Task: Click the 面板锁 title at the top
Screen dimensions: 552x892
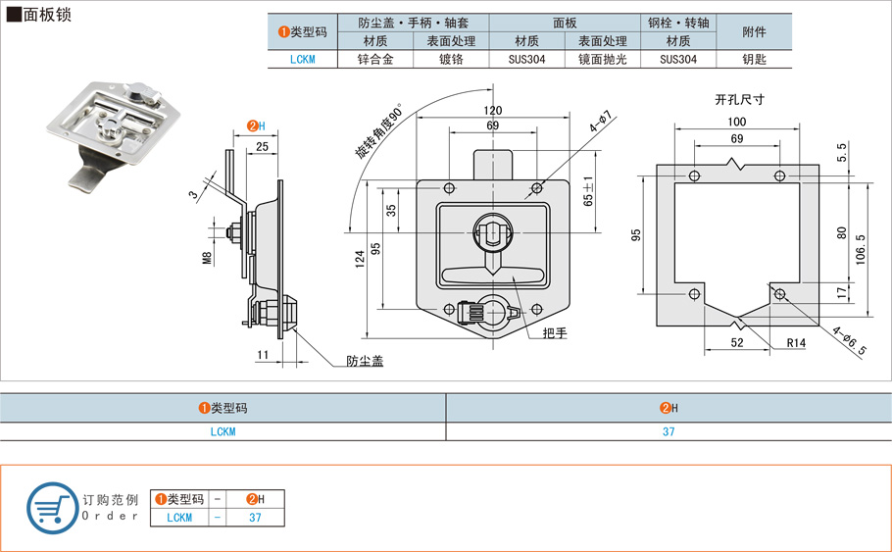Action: click(44, 16)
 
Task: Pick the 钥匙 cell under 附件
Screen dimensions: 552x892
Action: click(754, 59)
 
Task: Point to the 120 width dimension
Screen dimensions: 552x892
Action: click(492, 111)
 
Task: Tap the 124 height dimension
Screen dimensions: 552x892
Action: click(360, 259)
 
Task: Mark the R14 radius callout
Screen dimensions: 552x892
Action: click(795, 343)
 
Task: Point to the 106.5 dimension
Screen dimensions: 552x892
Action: click(861, 250)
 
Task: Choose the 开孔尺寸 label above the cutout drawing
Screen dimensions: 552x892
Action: click(739, 99)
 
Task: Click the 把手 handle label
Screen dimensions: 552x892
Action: click(555, 333)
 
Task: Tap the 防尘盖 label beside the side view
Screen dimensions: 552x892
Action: click(364, 361)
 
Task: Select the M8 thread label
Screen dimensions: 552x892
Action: click(207, 259)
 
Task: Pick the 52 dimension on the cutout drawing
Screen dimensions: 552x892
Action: click(736, 342)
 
